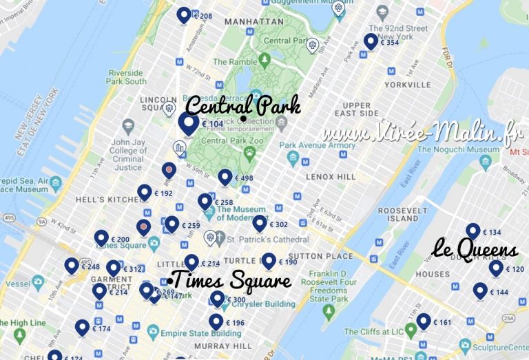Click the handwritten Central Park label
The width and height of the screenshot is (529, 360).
[243, 107]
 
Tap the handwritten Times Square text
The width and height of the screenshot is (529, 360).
[230, 281]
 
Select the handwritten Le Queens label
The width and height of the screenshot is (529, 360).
[475, 249]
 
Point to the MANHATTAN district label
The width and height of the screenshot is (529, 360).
[249, 22]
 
